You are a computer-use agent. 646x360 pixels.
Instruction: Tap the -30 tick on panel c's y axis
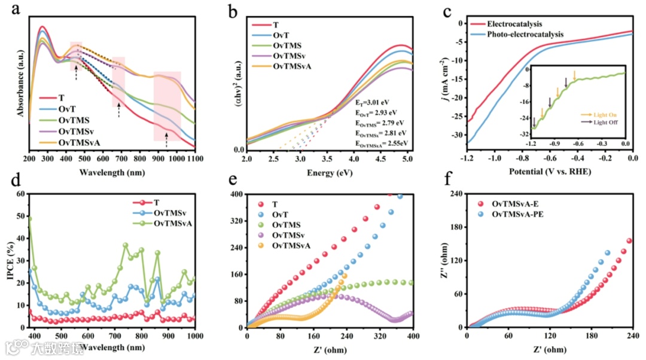pyautogui.click(x=457, y=135)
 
